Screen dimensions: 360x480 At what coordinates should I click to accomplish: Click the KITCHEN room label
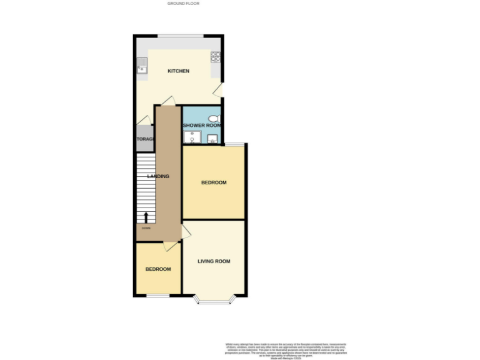coord(178,71)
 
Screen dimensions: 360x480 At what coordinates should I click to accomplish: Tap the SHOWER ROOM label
coord(201,125)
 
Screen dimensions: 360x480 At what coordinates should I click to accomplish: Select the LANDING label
coord(157,176)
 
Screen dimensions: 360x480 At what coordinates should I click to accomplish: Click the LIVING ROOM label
coord(214,261)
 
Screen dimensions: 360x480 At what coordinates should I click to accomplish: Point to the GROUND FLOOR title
coord(183,4)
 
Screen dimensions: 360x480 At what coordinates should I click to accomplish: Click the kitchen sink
coord(142,65)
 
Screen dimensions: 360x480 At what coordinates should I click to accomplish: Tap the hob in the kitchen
coord(216,57)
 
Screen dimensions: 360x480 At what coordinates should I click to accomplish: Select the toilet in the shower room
coord(214,118)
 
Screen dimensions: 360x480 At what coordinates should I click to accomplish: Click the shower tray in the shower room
coord(191,137)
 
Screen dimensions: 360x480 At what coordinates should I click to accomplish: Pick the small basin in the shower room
coord(213,139)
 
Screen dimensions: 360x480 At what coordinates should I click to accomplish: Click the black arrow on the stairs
coord(146,217)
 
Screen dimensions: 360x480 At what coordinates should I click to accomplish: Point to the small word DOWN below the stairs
coord(146,227)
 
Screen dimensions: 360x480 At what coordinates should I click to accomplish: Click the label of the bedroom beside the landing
coord(214,182)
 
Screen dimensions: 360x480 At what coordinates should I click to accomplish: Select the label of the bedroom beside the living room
coord(158,269)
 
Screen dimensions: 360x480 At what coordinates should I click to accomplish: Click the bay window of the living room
coord(214,301)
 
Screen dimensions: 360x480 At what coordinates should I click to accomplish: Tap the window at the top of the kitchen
coord(179,36)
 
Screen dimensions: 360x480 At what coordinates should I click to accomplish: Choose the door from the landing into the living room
coord(186,232)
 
